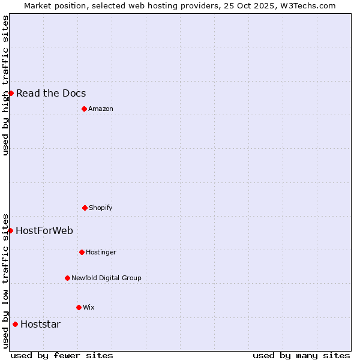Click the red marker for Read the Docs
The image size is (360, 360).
tap(11, 93)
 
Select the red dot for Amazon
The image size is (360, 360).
tap(84, 109)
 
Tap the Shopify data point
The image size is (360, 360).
tap(85, 208)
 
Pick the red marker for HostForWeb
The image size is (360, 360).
tap(10, 230)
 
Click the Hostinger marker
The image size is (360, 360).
tap(82, 252)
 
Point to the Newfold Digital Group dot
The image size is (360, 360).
tap(67, 278)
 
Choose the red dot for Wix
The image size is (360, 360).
tap(79, 307)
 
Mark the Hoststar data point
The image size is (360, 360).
tap(15, 324)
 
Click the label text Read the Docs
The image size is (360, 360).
tap(51, 93)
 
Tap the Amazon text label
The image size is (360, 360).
tap(101, 109)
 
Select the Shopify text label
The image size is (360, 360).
tap(101, 208)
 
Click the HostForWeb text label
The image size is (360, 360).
tap(44, 230)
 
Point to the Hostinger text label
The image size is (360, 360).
tap(101, 252)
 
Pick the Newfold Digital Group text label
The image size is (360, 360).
tap(106, 278)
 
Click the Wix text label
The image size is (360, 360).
tap(89, 307)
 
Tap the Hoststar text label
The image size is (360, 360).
tap(40, 324)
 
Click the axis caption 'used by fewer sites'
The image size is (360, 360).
tap(62, 355)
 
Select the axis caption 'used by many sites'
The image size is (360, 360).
tap(301, 355)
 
